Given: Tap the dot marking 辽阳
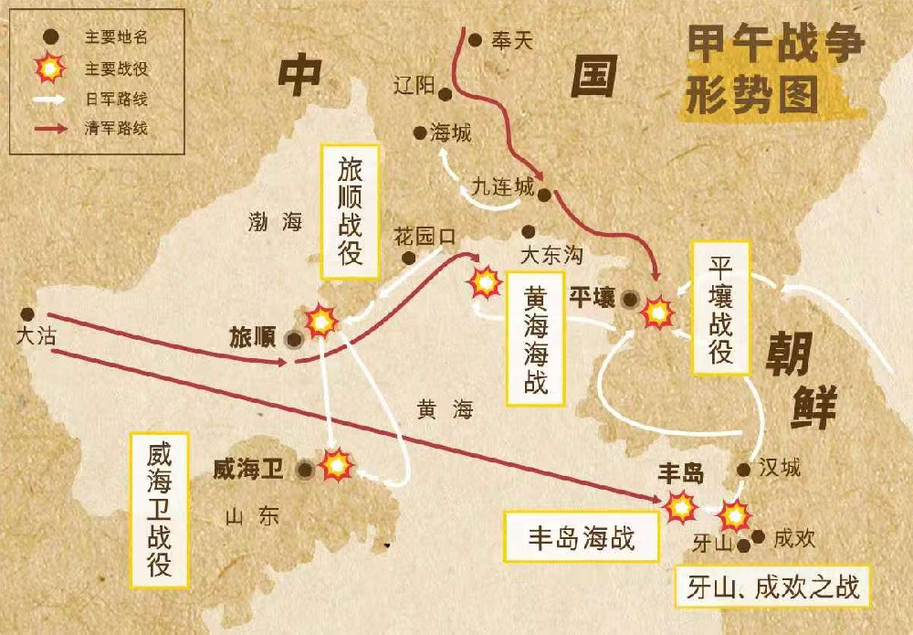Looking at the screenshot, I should pyautogui.click(x=445, y=93).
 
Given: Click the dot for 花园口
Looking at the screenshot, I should pyautogui.click(x=410, y=258).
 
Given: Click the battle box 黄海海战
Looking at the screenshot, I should pyautogui.click(x=536, y=337).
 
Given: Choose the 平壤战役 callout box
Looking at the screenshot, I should pyautogui.click(x=721, y=308).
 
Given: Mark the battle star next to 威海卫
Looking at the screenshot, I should pyautogui.click(x=336, y=465).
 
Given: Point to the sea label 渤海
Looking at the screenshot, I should pyautogui.click(x=275, y=221).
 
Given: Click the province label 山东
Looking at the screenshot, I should pyautogui.click(x=251, y=517).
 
